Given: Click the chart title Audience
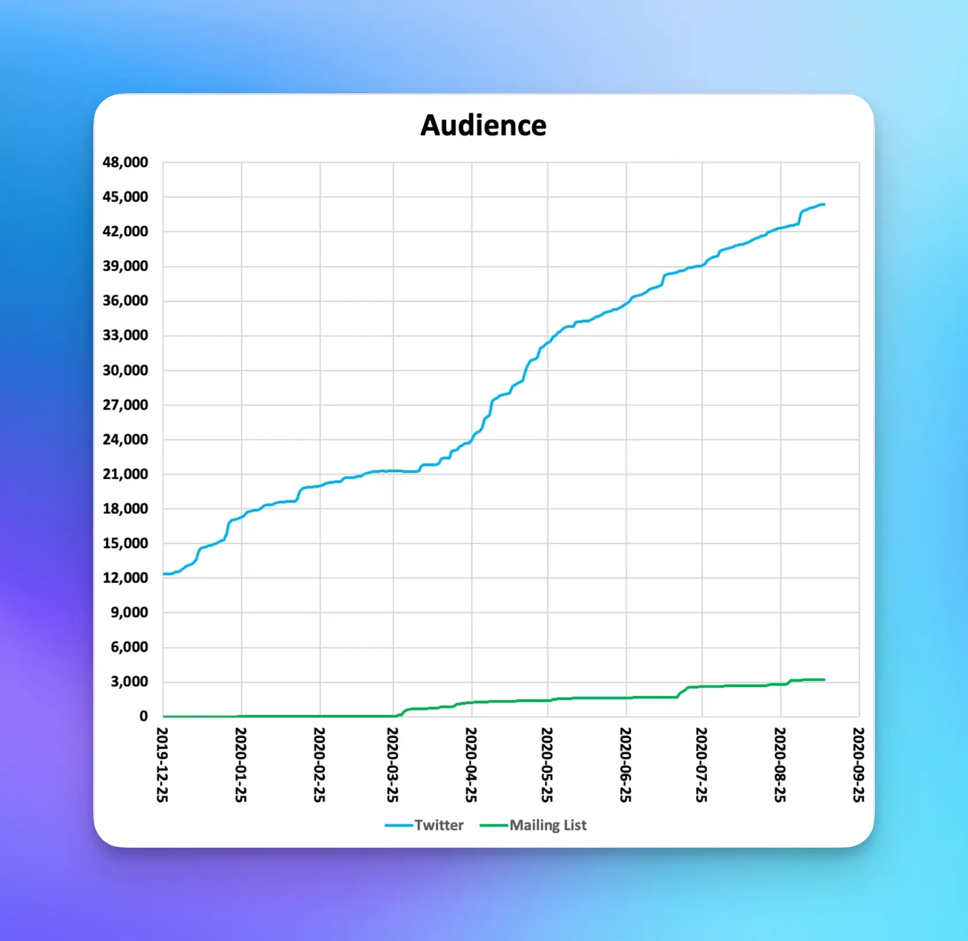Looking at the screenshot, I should pos(483,125).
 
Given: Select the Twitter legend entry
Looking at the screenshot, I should pos(438,825).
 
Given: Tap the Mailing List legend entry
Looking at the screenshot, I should pos(547,825).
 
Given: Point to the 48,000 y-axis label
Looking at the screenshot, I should pos(125,162).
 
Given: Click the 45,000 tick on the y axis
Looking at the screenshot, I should pos(125,197).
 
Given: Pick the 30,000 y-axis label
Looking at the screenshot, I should pos(125,370).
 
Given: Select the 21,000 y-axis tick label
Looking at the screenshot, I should pos(125,474).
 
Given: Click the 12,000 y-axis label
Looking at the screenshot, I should pos(125,578).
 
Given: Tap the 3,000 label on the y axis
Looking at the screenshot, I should pos(129,682).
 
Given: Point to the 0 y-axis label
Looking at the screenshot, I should pos(143,716).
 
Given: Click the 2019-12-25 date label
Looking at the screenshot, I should pos(162,764).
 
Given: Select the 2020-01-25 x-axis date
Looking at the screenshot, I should pos(240,764).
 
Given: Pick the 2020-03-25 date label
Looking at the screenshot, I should pos(393,764).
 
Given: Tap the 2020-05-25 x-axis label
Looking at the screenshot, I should pos(547,764).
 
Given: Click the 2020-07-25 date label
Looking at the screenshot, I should pos(701,764).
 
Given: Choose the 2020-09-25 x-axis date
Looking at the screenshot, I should pos(858,764).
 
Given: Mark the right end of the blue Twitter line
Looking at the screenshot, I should pos(824,204).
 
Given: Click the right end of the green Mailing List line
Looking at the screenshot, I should pos(824,680).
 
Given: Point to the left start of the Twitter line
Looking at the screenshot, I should pos(164,573).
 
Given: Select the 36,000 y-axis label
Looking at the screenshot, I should pos(125,301).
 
